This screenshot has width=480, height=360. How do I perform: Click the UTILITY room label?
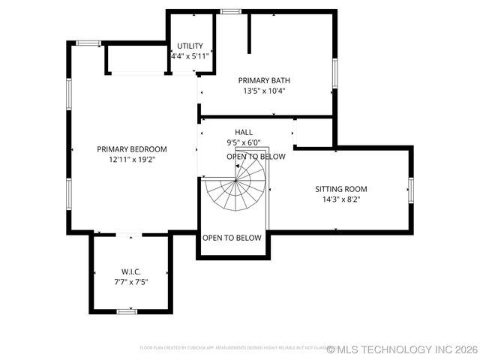coord(190,46)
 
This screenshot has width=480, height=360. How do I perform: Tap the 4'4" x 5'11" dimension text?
coord(190,56)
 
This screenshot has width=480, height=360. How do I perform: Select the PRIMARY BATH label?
coord(264,80)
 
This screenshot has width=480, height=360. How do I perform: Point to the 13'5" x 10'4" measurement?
coord(264,91)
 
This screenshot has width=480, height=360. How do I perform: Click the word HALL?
coord(244,132)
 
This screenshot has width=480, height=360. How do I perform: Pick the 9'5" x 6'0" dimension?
coord(244,142)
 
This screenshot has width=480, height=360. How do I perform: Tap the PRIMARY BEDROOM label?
coord(132,148)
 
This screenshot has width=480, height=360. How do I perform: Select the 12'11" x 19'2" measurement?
coord(132,159)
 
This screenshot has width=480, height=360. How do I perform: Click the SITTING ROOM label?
coord(341,189)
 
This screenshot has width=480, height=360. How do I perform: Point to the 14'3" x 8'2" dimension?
coord(341,199)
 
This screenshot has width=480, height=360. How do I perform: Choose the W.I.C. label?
coord(131,271)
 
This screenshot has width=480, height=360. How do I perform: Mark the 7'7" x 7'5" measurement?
coord(131,282)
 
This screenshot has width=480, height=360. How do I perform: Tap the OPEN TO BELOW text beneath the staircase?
coord(232,238)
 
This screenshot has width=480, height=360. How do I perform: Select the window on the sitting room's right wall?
coord(410,189)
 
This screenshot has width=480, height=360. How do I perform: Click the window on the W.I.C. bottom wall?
coord(127,310)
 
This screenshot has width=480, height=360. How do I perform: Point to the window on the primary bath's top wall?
coord(230,11)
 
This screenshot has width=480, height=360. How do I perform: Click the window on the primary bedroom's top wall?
coord(88,43)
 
